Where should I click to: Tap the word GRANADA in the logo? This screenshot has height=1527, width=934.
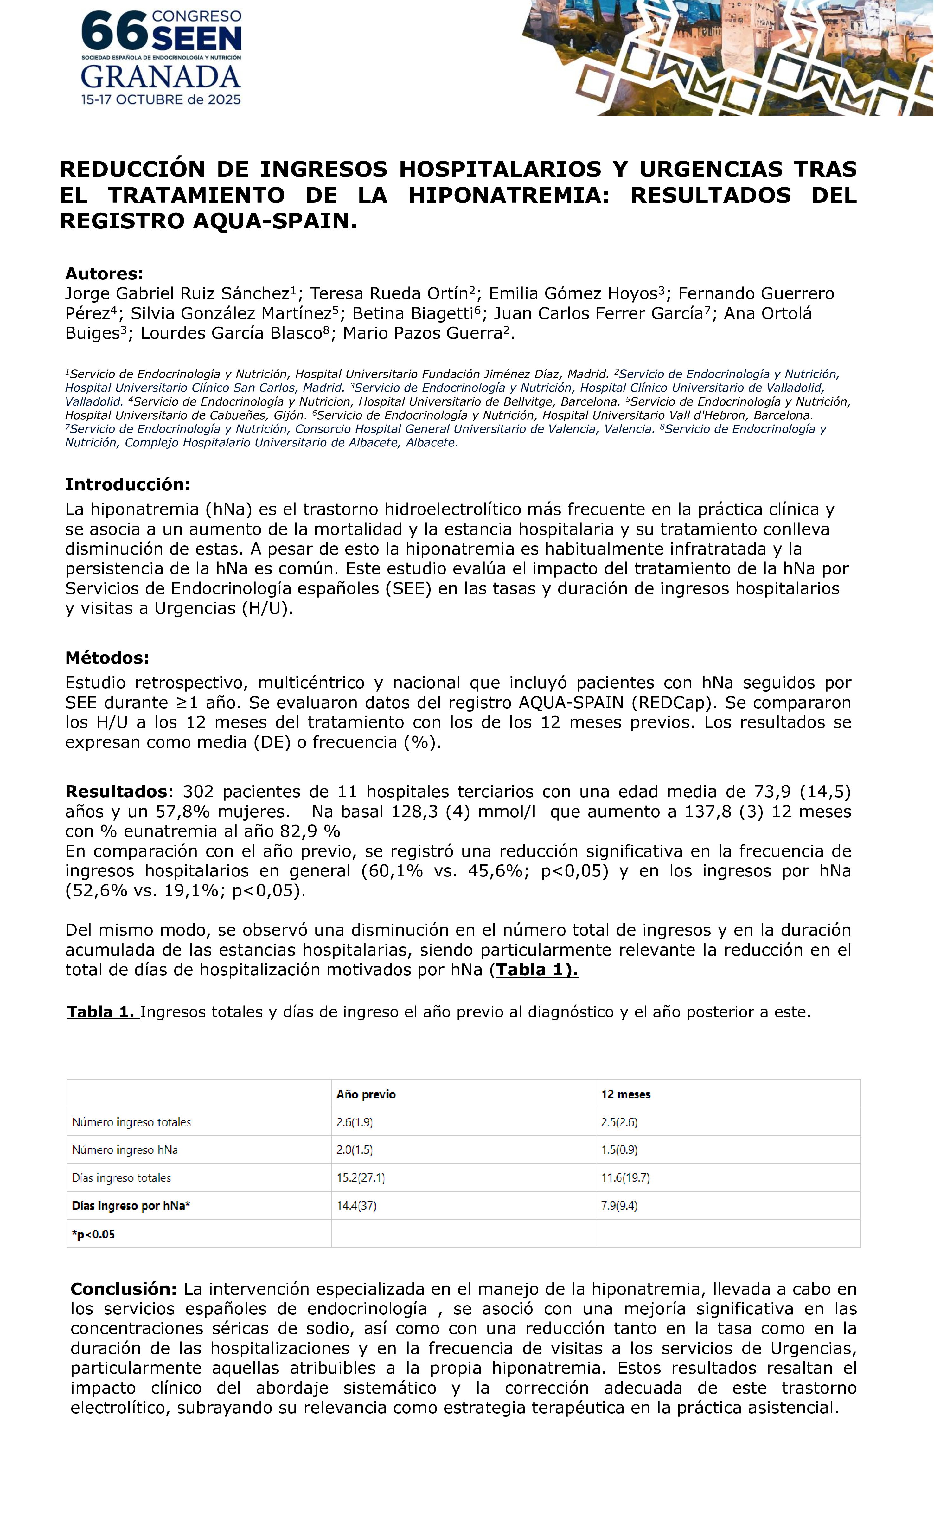(161, 77)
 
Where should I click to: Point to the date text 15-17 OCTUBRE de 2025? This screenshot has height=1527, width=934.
(161, 100)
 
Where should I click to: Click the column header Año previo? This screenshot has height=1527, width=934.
(366, 1094)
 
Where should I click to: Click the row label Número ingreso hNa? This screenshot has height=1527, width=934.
(125, 1150)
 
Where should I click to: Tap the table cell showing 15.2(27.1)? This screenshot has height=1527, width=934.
(361, 1178)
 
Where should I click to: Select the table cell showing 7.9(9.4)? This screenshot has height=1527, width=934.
(619, 1206)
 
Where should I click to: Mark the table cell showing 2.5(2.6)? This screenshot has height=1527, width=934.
(619, 1122)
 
